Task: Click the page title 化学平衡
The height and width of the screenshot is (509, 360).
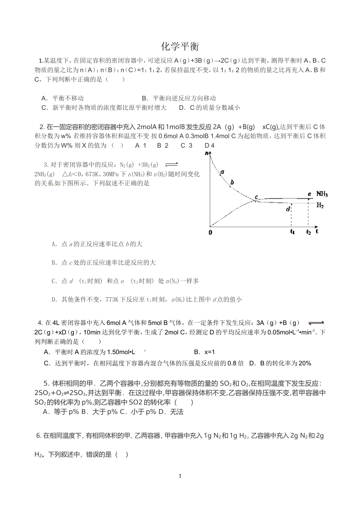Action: [x=180, y=46]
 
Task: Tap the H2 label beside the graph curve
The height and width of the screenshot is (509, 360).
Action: [x=320, y=206]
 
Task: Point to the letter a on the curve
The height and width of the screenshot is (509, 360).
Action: [x=222, y=172]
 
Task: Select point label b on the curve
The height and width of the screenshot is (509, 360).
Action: [x=232, y=182]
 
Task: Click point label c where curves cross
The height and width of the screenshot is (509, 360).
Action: [x=257, y=197]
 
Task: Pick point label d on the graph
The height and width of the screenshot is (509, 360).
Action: [x=288, y=208]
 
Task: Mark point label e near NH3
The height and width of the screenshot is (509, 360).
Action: [x=309, y=194]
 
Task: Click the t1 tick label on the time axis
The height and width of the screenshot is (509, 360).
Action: [x=292, y=232]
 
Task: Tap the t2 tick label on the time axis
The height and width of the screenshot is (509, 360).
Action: [x=308, y=232]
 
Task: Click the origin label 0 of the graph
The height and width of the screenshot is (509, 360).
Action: [x=210, y=232]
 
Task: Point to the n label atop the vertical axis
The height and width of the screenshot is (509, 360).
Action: [x=207, y=153]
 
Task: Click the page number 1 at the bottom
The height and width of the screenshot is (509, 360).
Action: [x=180, y=476]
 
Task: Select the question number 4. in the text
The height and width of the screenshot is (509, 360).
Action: [x=41, y=323]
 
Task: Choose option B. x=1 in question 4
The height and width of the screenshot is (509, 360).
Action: [x=204, y=352]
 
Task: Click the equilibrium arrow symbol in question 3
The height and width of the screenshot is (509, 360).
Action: [x=171, y=164]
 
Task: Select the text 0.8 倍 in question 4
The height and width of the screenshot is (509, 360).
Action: [x=235, y=363]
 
